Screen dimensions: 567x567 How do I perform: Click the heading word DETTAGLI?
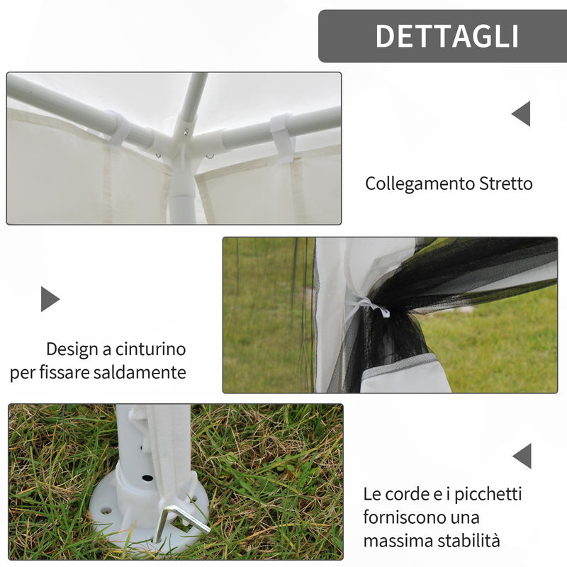tap(447, 36)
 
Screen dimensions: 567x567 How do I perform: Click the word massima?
tap(398, 541)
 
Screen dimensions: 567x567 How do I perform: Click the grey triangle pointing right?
tap(49, 299)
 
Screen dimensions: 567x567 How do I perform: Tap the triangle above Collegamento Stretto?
tap(522, 113)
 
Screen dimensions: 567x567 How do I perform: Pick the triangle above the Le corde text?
tap(522, 456)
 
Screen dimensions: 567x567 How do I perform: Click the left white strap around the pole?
tap(118, 128)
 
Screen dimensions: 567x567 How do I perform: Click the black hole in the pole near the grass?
tap(147, 478)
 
